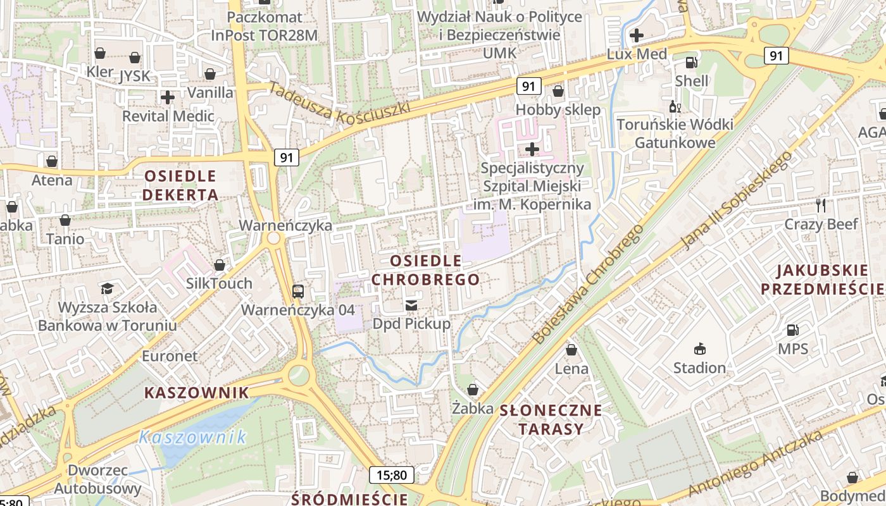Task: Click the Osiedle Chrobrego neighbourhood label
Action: pyautogui.click(x=425, y=270)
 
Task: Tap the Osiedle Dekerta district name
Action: pyautogui.click(x=180, y=185)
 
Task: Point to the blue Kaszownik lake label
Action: pyautogui.click(x=192, y=437)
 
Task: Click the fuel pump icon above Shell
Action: pyautogui.click(x=692, y=63)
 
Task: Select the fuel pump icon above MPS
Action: pyautogui.click(x=792, y=330)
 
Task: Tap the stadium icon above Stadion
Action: pyautogui.click(x=699, y=349)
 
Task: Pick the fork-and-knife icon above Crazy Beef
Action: pyautogui.click(x=821, y=205)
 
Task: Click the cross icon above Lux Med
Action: pyautogui.click(x=637, y=35)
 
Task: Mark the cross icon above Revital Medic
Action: pyautogui.click(x=168, y=97)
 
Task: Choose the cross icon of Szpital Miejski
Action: pyautogui.click(x=532, y=149)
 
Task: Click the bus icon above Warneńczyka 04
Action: pyautogui.click(x=298, y=292)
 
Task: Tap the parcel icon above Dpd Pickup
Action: pyautogui.click(x=411, y=305)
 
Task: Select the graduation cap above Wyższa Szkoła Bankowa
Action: pyautogui.click(x=107, y=288)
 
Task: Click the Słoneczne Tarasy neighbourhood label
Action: pyautogui.click(x=551, y=419)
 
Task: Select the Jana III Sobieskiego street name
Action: pyautogui.click(x=737, y=200)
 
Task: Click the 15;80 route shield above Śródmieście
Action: pyautogui.click(x=392, y=474)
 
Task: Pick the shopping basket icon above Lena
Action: pyautogui.click(x=571, y=350)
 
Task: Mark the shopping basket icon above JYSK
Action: pyautogui.click(x=135, y=58)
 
